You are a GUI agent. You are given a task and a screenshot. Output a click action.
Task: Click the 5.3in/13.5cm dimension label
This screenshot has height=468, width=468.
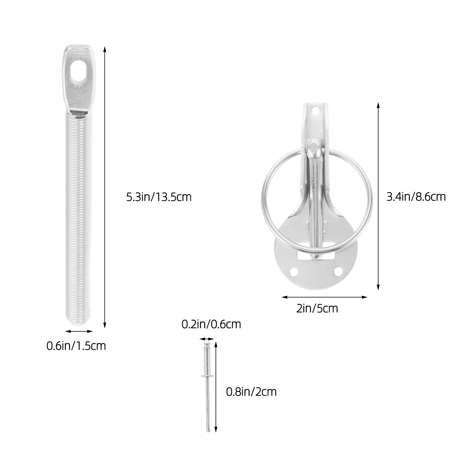tap(159, 197)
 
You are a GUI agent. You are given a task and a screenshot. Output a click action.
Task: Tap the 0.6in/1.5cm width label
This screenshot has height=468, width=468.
tap(76, 346)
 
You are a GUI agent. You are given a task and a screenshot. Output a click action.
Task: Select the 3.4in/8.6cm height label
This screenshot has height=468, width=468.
tap(416, 197)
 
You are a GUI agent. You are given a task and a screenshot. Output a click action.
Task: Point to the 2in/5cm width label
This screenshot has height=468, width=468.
tap(317, 309)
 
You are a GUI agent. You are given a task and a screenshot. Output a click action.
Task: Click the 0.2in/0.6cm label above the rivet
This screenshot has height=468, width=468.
tap(211, 324)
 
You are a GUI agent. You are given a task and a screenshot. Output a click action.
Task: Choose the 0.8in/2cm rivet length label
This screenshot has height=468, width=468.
tap(251, 392)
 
